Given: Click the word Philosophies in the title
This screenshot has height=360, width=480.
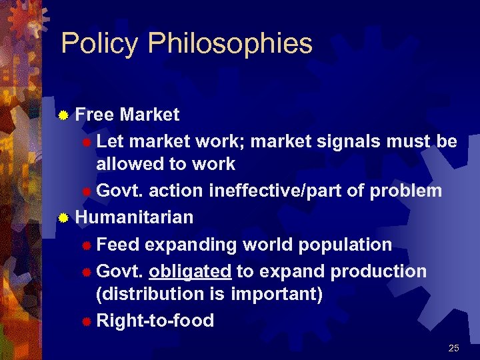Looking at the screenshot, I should point(230,44).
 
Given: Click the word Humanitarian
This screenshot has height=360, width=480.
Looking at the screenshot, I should point(134,217).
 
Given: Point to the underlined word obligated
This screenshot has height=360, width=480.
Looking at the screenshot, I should point(190,272).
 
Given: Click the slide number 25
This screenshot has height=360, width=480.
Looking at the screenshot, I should point(454,348).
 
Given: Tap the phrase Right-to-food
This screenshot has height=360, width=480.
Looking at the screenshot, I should point(155,321).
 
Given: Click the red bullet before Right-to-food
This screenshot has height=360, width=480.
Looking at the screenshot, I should point(85,321).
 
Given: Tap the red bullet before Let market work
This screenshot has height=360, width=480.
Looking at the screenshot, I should point(85,143).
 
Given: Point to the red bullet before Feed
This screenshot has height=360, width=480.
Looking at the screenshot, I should point(85,245).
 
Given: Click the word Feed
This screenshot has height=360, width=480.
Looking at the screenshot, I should point(118,245).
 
